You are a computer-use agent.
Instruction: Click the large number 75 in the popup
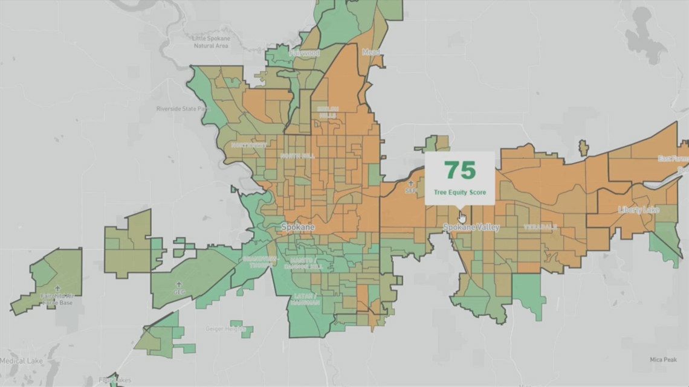[x=460, y=171]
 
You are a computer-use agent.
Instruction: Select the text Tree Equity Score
[x=460, y=192]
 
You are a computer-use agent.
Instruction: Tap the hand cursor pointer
[x=462, y=217]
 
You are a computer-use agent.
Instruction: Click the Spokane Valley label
[x=471, y=228]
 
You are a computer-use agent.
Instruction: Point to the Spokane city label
[x=299, y=227]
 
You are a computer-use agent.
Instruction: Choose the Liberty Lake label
[x=638, y=209]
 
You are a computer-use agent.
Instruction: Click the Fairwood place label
[x=304, y=53]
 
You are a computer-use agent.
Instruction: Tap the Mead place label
[x=371, y=53]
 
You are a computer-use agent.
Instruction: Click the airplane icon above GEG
[x=178, y=283]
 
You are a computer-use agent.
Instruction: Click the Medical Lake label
[x=21, y=360]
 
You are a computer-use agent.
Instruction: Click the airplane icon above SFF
[x=412, y=183]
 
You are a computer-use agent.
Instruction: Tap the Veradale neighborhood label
[x=539, y=227]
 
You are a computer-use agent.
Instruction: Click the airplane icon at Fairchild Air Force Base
[x=58, y=289]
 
